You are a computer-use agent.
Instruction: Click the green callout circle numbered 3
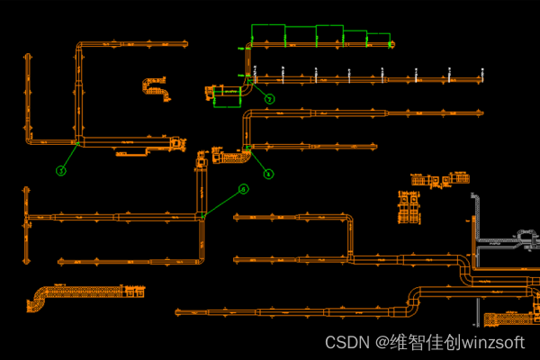pos(61,170)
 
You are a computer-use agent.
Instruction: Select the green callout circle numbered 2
pos(268,97)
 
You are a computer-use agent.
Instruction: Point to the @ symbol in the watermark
pos(381,343)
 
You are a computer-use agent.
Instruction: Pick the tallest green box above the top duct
pos(267,34)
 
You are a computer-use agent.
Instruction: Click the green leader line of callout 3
pos(69,157)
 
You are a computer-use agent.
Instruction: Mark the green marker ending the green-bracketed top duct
pos(391,44)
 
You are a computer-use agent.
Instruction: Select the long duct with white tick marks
pos(360,79)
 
